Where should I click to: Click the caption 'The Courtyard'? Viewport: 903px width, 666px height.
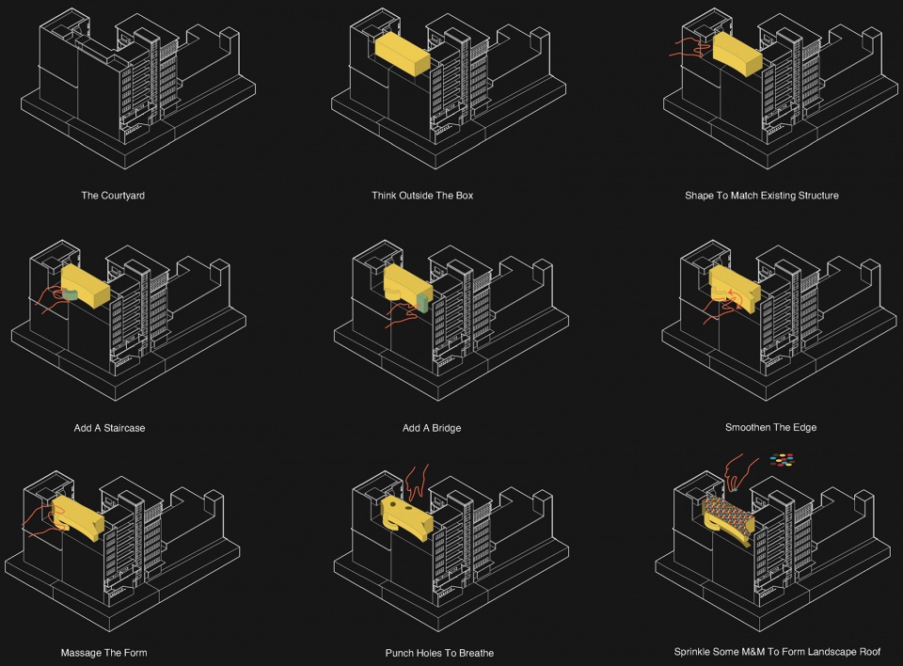(x=113, y=196)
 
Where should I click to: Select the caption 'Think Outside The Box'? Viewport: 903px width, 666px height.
(x=422, y=196)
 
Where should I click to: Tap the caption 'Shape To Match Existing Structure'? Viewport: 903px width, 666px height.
(x=761, y=196)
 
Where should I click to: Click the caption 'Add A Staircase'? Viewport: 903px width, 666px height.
(x=109, y=428)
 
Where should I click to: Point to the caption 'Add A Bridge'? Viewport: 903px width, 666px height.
(x=432, y=428)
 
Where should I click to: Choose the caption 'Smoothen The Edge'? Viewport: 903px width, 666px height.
(x=770, y=427)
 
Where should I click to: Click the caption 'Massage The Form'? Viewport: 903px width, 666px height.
(x=103, y=653)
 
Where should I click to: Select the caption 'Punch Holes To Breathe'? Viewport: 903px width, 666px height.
(x=439, y=653)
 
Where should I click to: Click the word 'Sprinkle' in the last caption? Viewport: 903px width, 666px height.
(x=693, y=652)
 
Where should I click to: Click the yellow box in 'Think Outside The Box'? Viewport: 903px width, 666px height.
(x=403, y=53)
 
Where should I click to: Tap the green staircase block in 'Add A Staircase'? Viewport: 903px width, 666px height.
(x=71, y=294)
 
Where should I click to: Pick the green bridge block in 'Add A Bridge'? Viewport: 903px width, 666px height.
(x=423, y=303)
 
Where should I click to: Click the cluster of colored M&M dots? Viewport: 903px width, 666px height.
(x=782, y=459)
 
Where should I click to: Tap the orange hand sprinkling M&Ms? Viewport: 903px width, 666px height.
(x=738, y=472)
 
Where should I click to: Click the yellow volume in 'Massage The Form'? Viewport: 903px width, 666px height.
(x=78, y=518)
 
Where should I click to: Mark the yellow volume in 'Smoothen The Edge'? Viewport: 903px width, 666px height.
(x=735, y=289)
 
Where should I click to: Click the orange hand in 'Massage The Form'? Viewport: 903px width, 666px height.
(x=43, y=521)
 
